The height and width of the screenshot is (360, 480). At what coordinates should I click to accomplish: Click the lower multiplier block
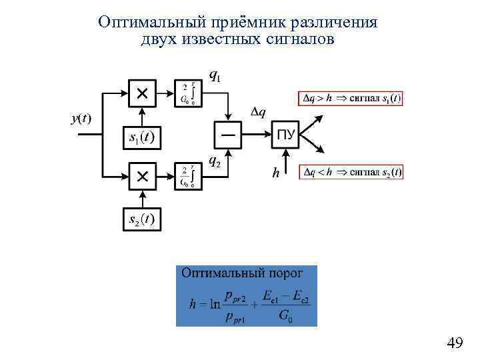(x=142, y=176)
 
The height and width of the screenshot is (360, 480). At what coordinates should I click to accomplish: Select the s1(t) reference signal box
(x=141, y=138)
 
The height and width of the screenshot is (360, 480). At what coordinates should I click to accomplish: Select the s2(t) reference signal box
(x=141, y=219)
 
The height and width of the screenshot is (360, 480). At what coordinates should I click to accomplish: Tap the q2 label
(x=215, y=161)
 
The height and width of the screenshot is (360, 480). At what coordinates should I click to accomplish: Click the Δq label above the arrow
(x=258, y=111)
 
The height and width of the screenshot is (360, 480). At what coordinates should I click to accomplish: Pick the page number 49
(x=455, y=343)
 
